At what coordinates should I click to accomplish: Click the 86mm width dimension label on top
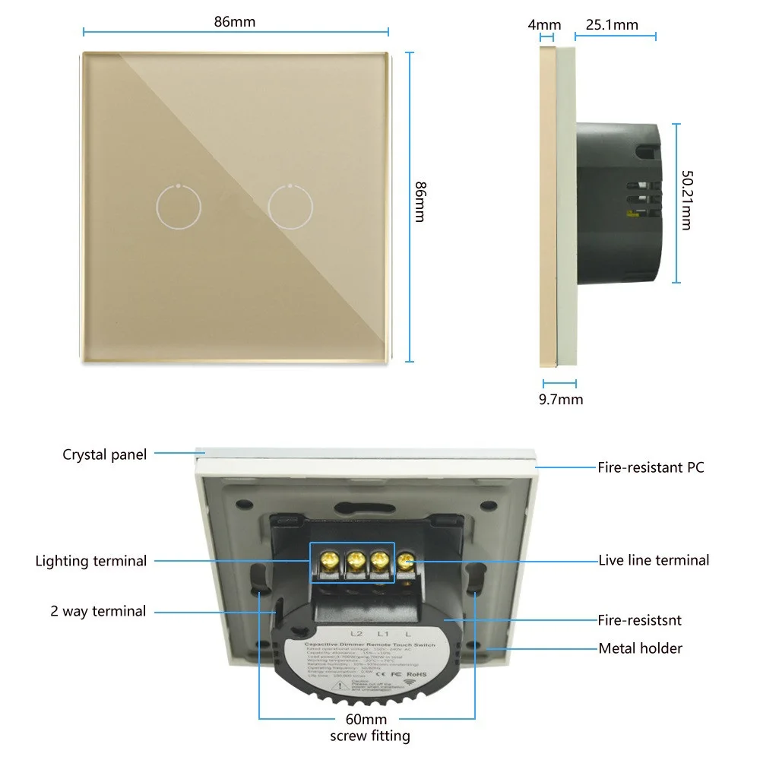coord(235,21)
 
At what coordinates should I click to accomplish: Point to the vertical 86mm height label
coord(419,201)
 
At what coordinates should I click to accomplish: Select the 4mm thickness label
coord(544,25)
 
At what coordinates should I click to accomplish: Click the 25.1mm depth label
coord(612,25)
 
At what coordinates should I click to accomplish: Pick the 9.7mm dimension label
coord(561,399)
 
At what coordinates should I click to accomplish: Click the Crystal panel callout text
coord(104,454)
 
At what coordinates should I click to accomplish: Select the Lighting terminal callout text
coord(91,561)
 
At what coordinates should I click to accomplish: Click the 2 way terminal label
coord(99,611)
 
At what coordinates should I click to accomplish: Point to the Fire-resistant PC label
coord(651,467)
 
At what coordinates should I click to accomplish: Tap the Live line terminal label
coord(654,560)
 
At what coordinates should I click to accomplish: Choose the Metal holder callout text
coord(640,648)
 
